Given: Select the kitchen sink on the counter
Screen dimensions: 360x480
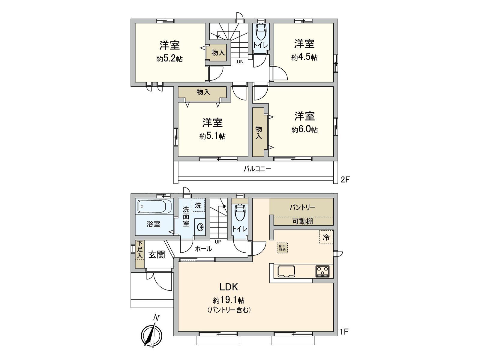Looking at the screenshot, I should (x=286, y=271).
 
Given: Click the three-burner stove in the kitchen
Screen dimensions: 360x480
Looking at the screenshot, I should (x=322, y=271).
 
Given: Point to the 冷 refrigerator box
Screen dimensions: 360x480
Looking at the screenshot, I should (x=326, y=237).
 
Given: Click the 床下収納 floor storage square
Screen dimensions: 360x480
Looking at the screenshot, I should (x=282, y=248).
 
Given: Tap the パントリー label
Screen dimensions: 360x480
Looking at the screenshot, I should (x=302, y=207).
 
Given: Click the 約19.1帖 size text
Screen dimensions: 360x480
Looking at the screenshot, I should (x=229, y=300).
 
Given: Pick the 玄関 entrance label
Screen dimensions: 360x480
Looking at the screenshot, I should (x=157, y=255).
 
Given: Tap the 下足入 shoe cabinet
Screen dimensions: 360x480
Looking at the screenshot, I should (x=139, y=254).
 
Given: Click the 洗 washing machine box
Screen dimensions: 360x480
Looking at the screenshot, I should (x=198, y=205).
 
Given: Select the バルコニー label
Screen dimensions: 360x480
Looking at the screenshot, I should (x=257, y=169).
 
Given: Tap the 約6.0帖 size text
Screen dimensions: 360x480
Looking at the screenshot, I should (x=304, y=130).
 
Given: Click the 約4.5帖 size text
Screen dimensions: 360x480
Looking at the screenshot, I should (x=304, y=57).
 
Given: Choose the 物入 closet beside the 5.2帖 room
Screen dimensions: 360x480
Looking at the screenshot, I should (x=218, y=53).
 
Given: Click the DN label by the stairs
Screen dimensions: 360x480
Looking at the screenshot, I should (x=240, y=62).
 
